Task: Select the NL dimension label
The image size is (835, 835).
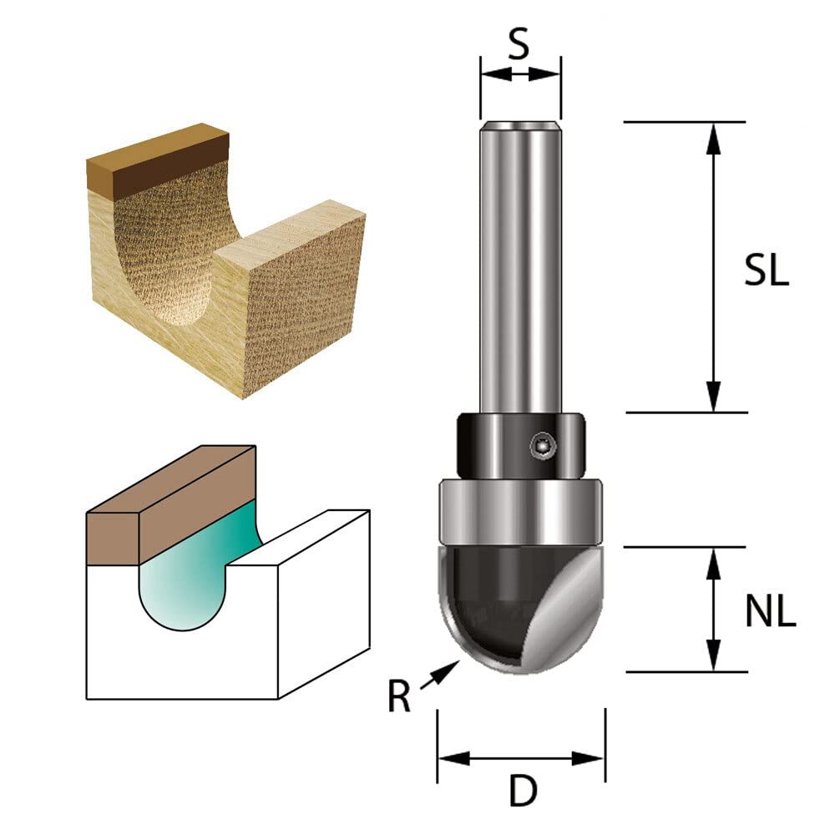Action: pyautogui.click(x=770, y=611)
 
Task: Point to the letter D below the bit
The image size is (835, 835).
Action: pyautogui.click(x=523, y=791)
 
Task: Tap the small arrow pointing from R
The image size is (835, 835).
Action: pyautogui.click(x=440, y=674)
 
